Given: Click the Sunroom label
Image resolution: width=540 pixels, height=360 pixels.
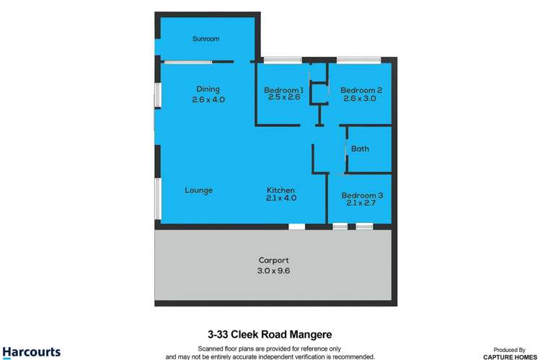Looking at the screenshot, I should (x=205, y=38).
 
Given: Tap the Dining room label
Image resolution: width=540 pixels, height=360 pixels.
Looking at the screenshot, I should (x=208, y=89).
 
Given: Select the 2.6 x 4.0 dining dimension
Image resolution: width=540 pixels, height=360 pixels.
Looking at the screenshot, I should (x=208, y=100).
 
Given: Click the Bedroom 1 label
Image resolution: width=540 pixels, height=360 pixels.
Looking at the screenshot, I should (x=283, y=89).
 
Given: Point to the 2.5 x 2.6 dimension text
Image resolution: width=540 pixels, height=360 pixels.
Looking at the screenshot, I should (x=282, y=97).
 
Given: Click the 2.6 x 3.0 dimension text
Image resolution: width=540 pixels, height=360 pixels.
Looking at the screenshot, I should (x=360, y=98).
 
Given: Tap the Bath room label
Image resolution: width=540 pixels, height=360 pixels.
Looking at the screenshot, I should (x=360, y=149).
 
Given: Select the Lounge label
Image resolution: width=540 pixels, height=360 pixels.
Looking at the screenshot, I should (x=198, y=190).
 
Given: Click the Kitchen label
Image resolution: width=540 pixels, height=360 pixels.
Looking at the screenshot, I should (x=280, y=190).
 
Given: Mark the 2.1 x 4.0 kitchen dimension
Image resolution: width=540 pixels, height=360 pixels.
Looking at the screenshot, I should (x=280, y=198).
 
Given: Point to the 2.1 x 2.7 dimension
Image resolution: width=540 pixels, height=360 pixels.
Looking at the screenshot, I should (x=360, y=203).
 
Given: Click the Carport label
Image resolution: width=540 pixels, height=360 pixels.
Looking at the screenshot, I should (x=274, y=260).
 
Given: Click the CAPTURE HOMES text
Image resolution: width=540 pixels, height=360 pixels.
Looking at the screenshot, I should (x=511, y=356).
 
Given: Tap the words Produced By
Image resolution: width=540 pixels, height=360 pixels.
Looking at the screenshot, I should (x=511, y=348).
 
